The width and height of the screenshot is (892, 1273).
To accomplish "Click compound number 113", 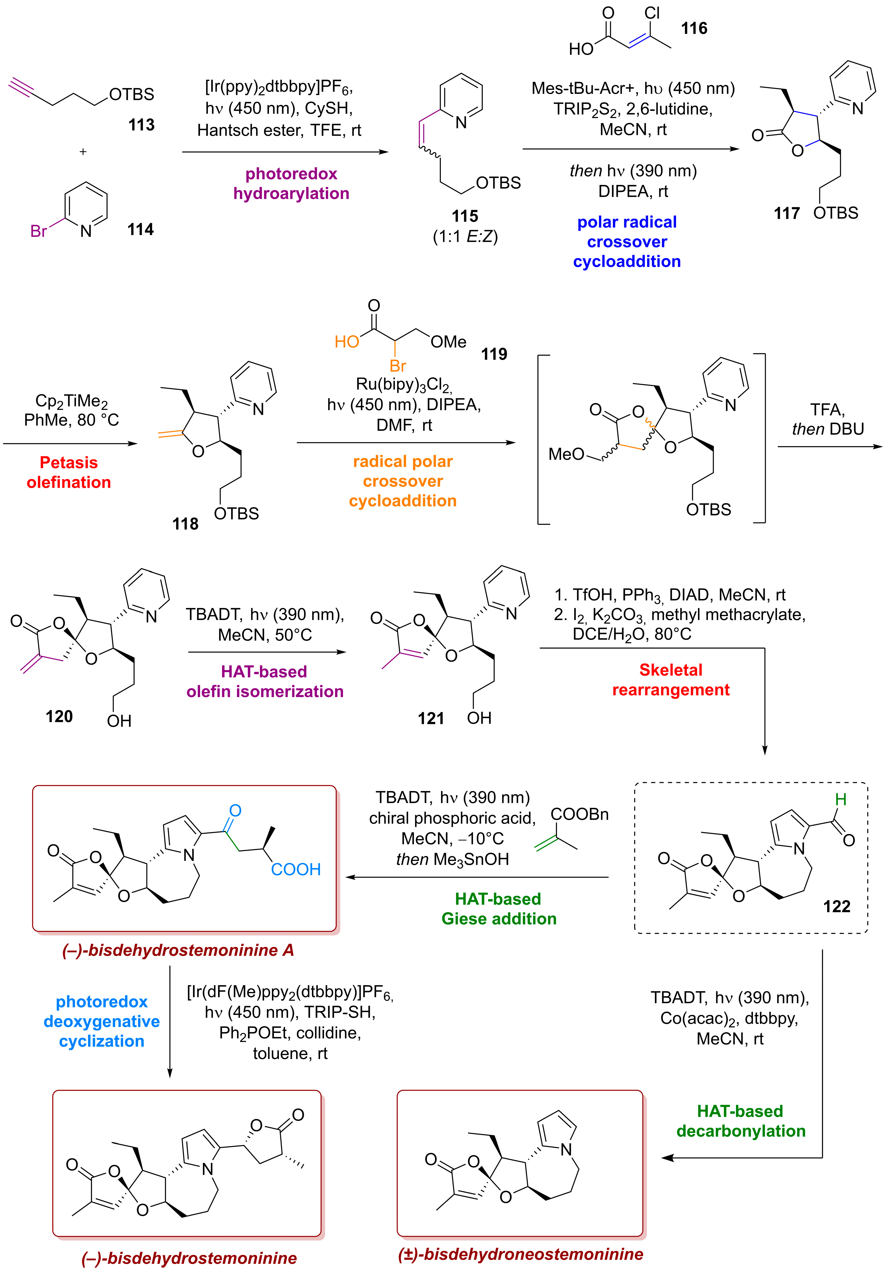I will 141,125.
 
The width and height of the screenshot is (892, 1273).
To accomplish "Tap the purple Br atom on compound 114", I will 38,231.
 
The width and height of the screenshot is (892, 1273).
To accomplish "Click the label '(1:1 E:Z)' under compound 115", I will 465,237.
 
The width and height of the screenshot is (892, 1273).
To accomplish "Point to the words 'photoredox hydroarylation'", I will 291,183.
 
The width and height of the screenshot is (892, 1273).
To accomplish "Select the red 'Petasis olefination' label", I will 69,472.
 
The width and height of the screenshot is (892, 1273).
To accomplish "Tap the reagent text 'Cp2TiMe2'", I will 71,400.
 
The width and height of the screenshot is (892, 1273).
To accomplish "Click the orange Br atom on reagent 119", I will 397,366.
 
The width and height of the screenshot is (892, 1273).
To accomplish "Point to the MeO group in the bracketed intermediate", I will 566,455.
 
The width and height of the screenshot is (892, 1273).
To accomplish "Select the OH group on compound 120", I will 119,721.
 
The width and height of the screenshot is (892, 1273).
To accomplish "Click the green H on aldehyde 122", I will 840,799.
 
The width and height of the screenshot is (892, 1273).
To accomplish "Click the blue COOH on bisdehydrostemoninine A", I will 296,869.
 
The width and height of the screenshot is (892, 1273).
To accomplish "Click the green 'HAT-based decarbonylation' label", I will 741,1121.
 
